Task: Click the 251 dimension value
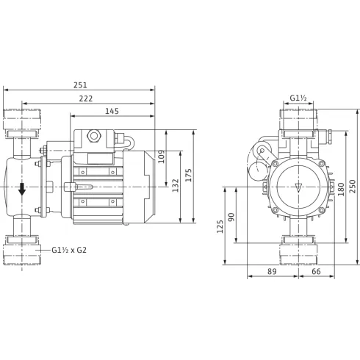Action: tap(80, 84)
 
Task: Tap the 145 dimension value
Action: tap(113, 111)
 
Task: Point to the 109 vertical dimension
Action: tap(162, 156)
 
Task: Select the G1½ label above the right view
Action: tap(298, 98)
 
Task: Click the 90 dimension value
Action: tap(233, 217)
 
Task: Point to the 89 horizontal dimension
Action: tap(272, 272)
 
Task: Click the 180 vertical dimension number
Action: tap(340, 189)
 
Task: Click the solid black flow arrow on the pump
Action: tap(23, 189)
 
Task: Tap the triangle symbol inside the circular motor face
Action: tap(298, 187)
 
